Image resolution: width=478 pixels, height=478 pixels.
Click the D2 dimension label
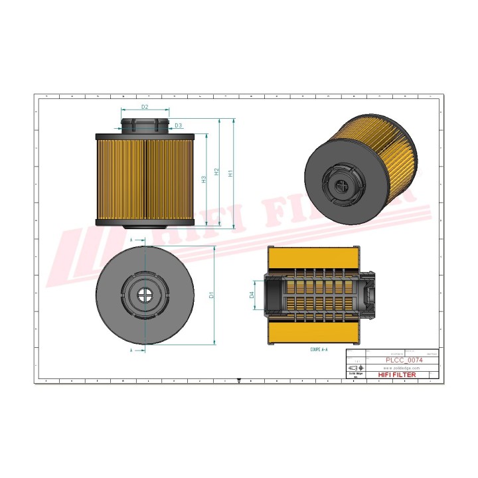[x=145, y=107]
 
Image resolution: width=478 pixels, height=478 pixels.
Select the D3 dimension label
[x=178, y=125]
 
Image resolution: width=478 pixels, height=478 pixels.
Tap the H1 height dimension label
[x=230, y=173]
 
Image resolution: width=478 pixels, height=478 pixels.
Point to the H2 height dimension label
[x=216, y=173]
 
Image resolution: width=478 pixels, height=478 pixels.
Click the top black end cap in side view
[x=145, y=137]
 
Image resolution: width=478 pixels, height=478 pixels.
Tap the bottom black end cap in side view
[x=145, y=222]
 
